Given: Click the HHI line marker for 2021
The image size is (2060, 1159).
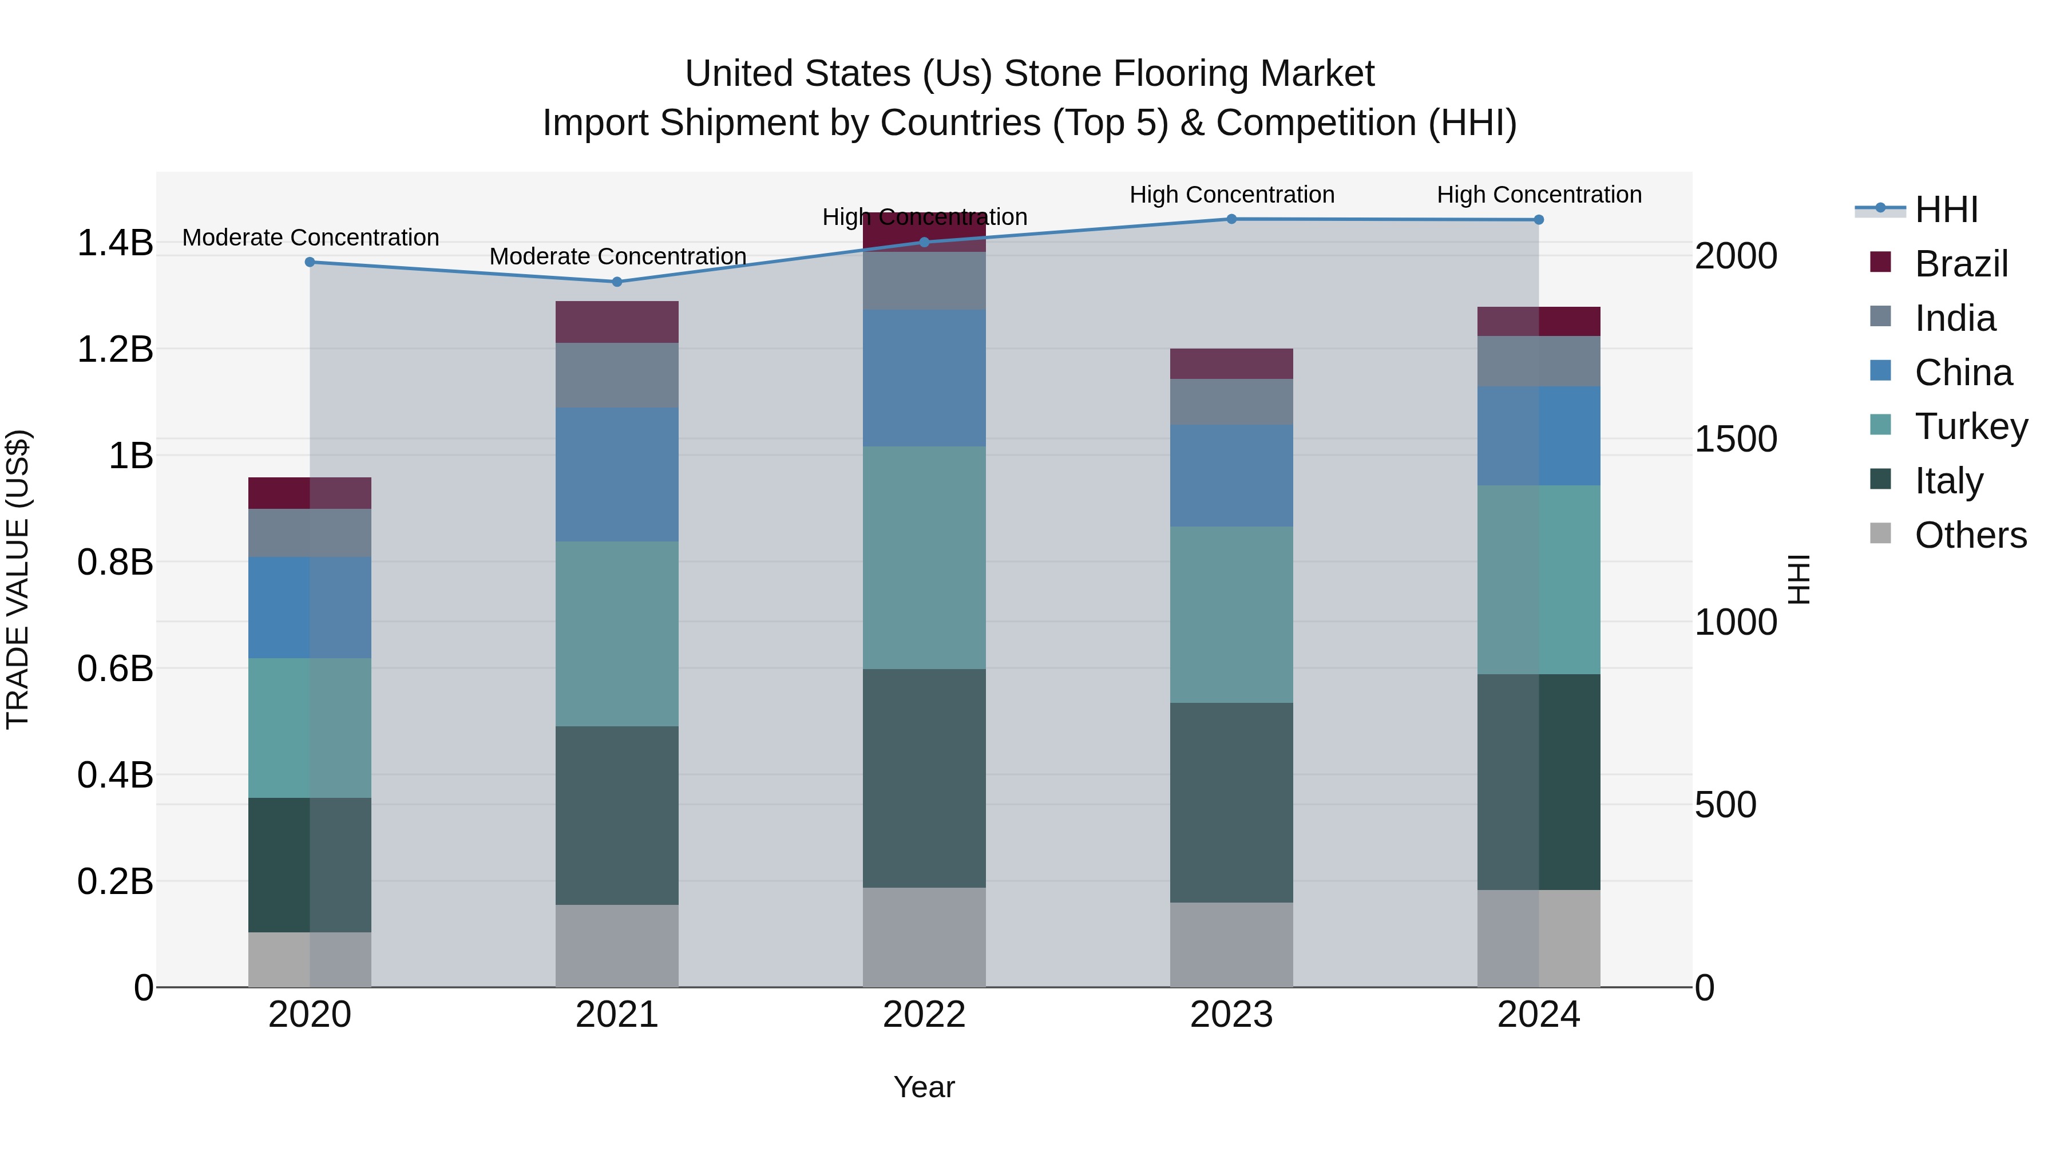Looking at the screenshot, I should (616, 282).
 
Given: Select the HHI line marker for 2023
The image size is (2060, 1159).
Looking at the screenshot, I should (1231, 219).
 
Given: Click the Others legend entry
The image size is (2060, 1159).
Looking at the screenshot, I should (1970, 535).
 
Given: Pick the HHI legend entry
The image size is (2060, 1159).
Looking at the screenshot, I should (1945, 209).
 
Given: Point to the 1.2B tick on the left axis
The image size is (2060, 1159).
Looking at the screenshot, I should (115, 350).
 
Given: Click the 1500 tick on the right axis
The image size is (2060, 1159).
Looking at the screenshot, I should (1736, 438).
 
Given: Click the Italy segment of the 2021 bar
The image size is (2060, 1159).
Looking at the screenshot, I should (616, 815).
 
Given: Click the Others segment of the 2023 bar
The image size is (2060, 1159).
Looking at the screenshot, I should (1231, 944).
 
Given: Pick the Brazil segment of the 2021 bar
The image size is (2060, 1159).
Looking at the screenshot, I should (616, 322).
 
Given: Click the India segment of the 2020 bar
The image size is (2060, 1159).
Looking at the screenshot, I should (310, 533).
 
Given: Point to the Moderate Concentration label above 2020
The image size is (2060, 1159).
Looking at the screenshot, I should (310, 238).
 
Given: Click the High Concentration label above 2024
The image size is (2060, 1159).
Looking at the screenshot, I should (1539, 195).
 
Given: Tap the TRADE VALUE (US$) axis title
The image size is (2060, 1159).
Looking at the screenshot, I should (18, 579).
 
